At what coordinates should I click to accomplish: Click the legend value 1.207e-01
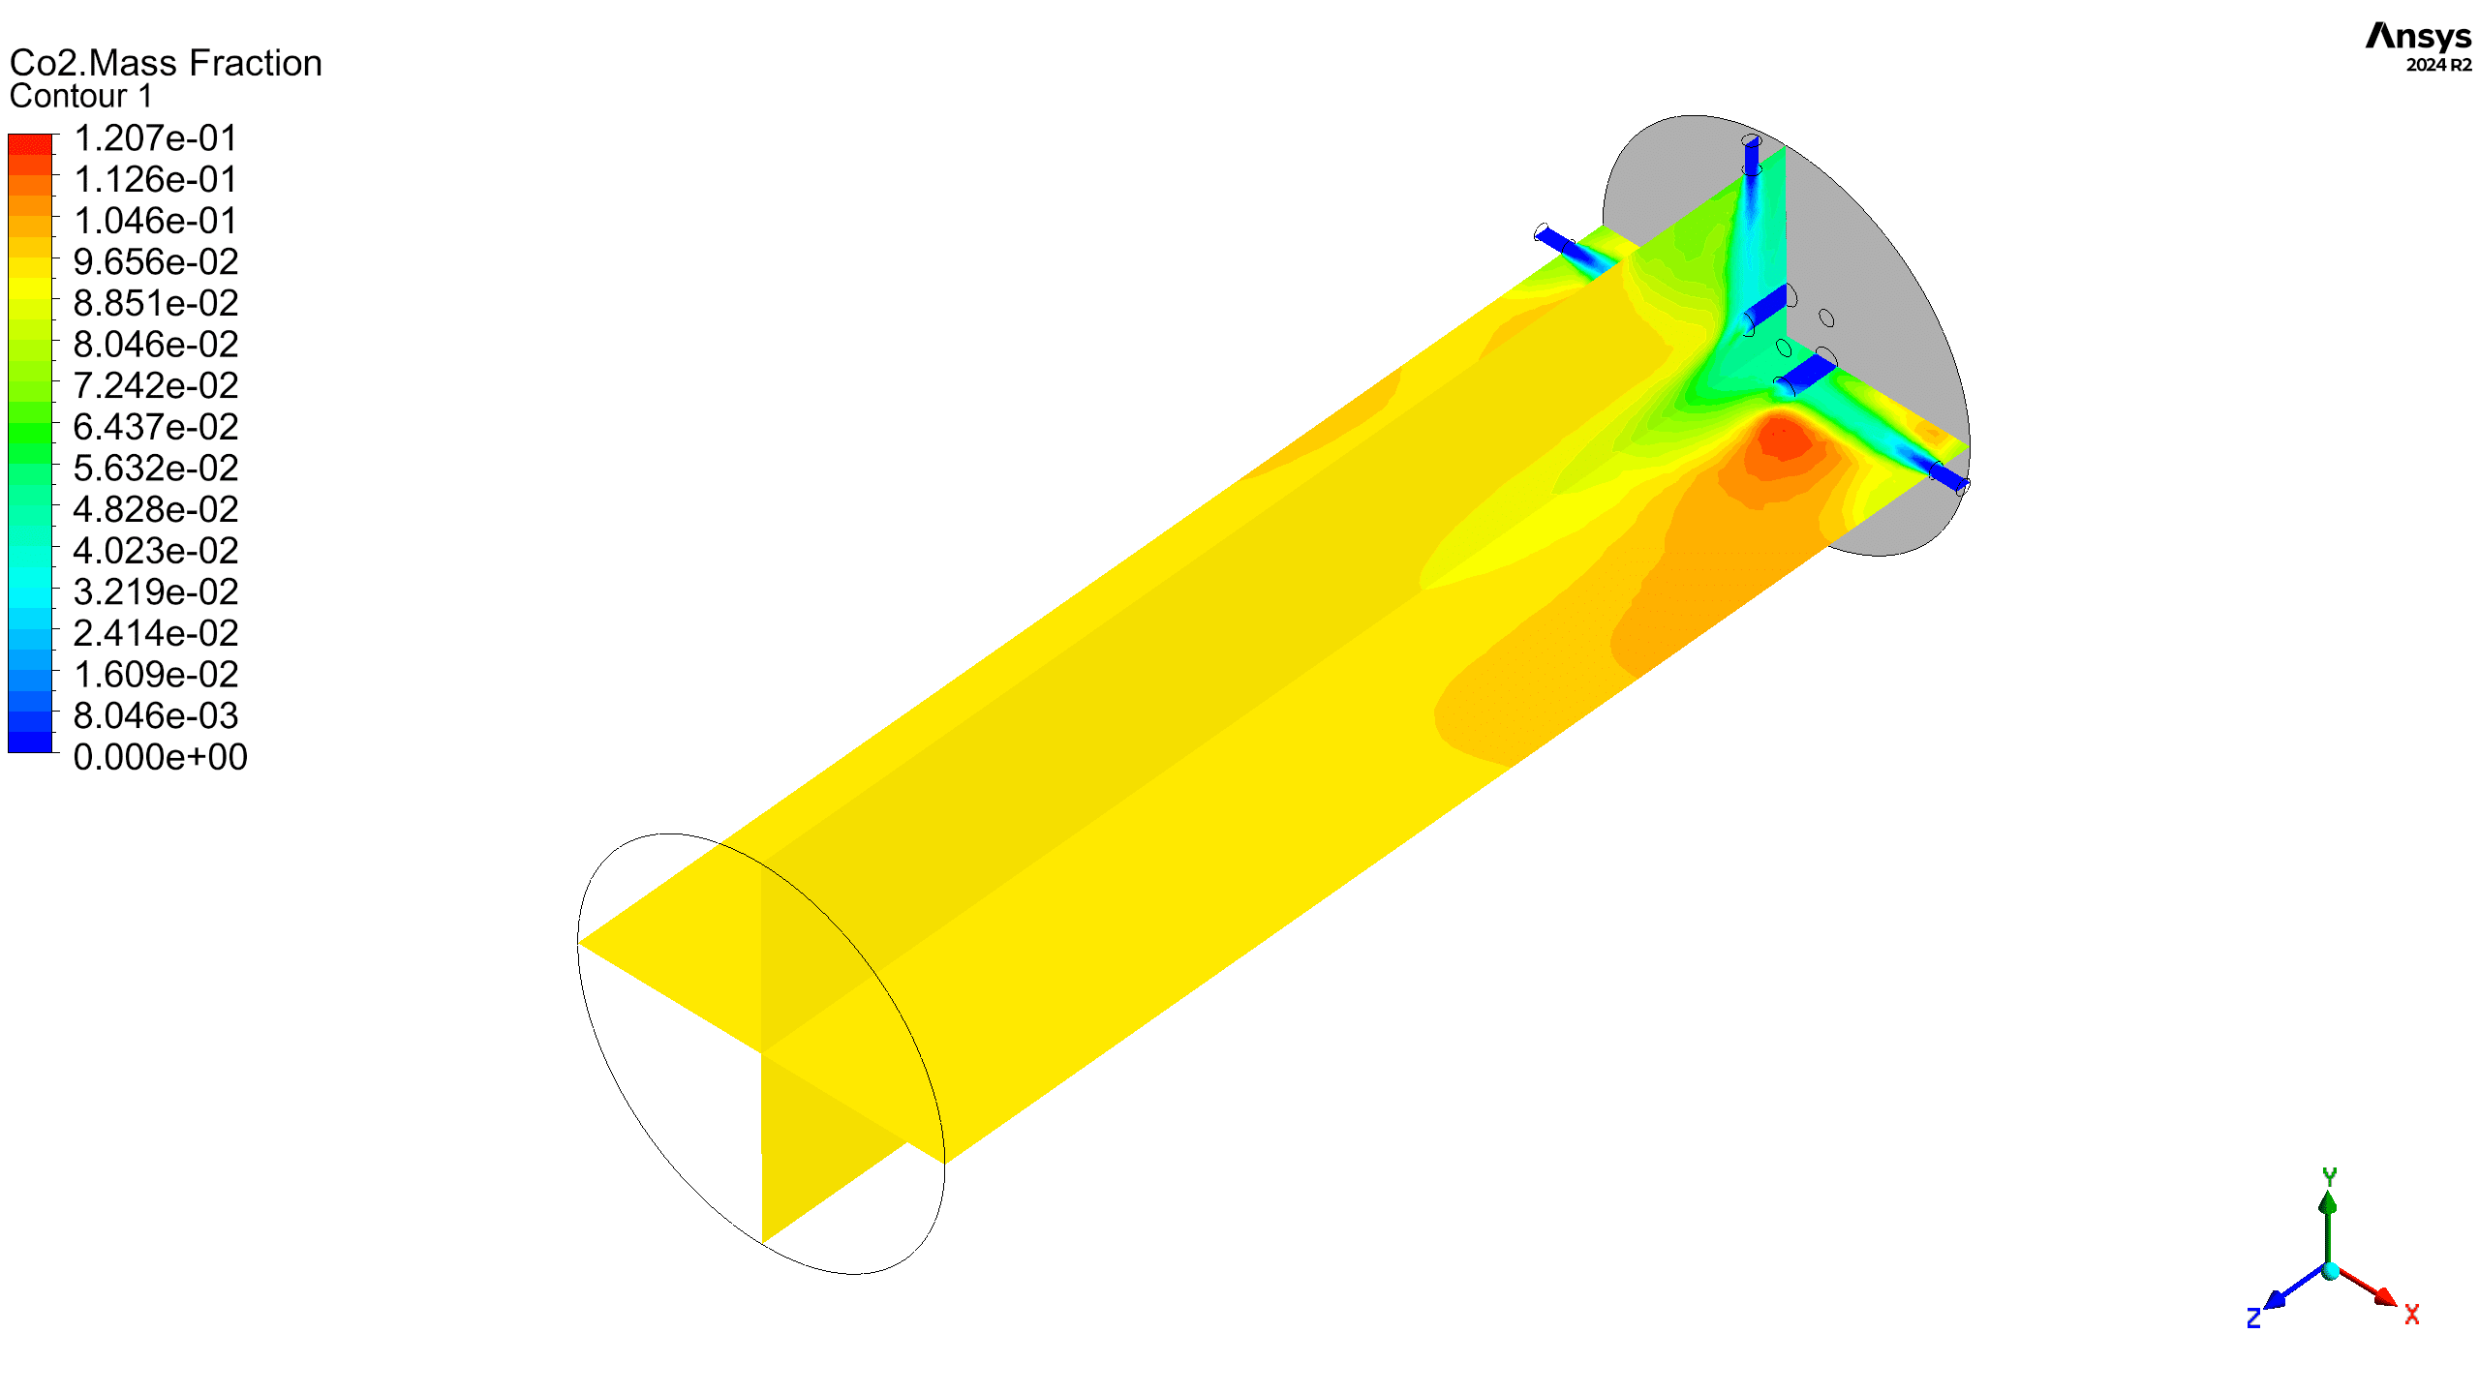(155, 138)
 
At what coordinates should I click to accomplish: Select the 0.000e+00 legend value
(160, 757)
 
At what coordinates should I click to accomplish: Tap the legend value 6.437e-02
(155, 427)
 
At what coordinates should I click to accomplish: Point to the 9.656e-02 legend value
(155, 262)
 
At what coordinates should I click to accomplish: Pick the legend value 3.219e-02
(155, 592)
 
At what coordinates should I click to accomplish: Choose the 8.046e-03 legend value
(155, 716)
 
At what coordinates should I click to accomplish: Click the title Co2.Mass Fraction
(166, 63)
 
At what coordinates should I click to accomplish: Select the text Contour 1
(81, 97)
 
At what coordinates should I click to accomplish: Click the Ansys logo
(2418, 37)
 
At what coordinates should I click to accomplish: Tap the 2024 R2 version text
(2438, 65)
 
